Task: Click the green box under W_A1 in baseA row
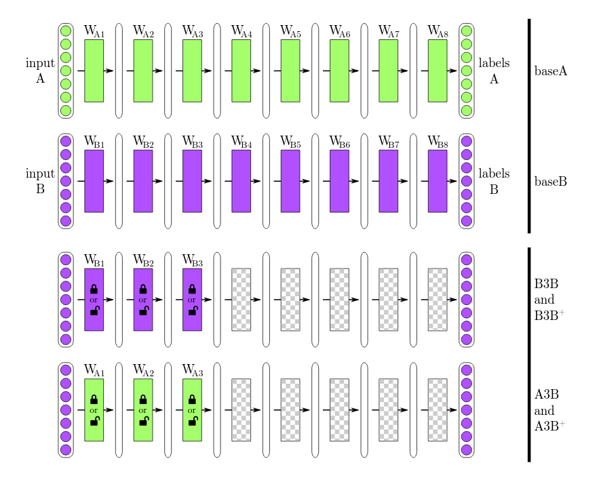pos(94,71)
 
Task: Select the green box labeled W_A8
pos(438,71)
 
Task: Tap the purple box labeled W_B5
pos(290,181)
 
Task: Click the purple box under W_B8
pos(438,181)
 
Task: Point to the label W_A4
pos(241,31)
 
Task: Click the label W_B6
pos(340,142)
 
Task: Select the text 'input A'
pos(40,71)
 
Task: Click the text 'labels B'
pos(494,181)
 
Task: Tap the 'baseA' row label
pos(551,71)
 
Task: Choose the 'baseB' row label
pos(551,182)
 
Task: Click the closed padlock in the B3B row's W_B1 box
pos(94,289)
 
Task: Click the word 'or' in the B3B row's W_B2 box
pos(142,300)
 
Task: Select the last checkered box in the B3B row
pos(438,300)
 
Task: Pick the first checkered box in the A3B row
pos(241,410)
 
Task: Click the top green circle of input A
pos(66,31)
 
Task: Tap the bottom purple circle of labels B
pos(466,221)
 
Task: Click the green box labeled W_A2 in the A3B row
pos(142,410)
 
